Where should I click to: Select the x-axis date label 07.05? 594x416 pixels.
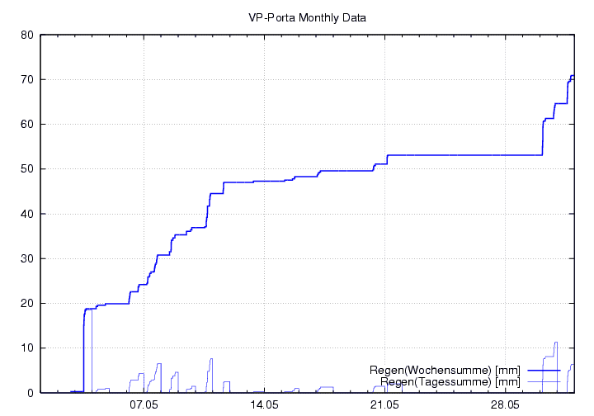[144, 405]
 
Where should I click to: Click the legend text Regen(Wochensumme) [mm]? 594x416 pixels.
[445, 370]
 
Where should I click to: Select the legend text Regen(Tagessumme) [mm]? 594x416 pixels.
[450, 381]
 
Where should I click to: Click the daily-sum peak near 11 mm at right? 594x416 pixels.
[556, 343]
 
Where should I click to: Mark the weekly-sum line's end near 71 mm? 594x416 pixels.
[572, 76]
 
